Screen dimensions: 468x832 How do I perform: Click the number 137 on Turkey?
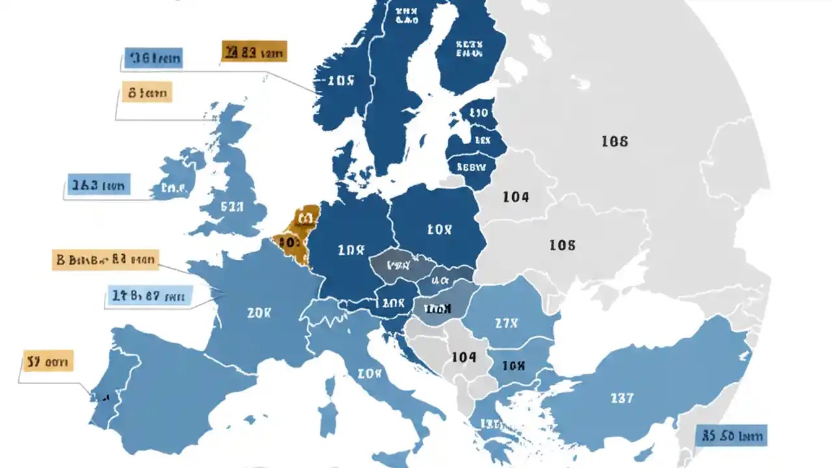point(622,397)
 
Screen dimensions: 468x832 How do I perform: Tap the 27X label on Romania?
point(506,323)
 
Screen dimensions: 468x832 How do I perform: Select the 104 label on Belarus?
point(515,196)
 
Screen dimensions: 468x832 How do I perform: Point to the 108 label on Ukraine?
point(562,245)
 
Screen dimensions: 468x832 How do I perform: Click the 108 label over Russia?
point(614,140)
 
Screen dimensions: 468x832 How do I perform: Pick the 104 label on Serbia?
point(463,357)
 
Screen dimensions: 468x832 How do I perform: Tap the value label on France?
point(259,313)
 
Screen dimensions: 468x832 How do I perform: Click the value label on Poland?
point(439,229)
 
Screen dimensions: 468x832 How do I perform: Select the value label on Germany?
point(352,250)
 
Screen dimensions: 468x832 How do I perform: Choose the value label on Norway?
point(341,81)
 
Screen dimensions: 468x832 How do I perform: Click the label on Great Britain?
point(231,207)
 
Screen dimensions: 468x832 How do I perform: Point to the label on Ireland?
point(174,189)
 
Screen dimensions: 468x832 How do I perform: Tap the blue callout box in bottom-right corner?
point(731,435)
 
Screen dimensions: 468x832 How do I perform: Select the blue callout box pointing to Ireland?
point(99,185)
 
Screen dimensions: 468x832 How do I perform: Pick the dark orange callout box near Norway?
point(253,53)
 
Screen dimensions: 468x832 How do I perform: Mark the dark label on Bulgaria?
point(513,366)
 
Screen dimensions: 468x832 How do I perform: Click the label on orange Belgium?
point(289,242)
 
